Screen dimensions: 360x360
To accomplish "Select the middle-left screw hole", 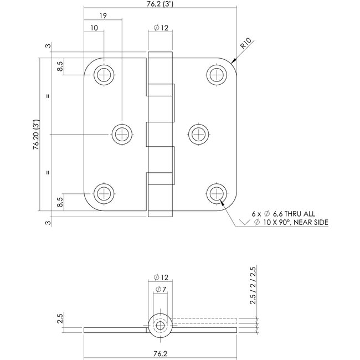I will point(122,133).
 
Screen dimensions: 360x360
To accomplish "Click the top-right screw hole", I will point(216,74).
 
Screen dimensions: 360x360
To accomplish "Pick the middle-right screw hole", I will point(197,133).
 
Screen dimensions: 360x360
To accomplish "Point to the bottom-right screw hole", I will point(216,193).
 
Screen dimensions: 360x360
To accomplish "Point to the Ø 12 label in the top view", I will point(161,28).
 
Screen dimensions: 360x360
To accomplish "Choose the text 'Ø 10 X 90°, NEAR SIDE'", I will point(291,223).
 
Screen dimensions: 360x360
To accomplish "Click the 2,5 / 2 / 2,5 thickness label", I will point(254,285).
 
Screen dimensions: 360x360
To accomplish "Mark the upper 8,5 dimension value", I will point(60,66).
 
